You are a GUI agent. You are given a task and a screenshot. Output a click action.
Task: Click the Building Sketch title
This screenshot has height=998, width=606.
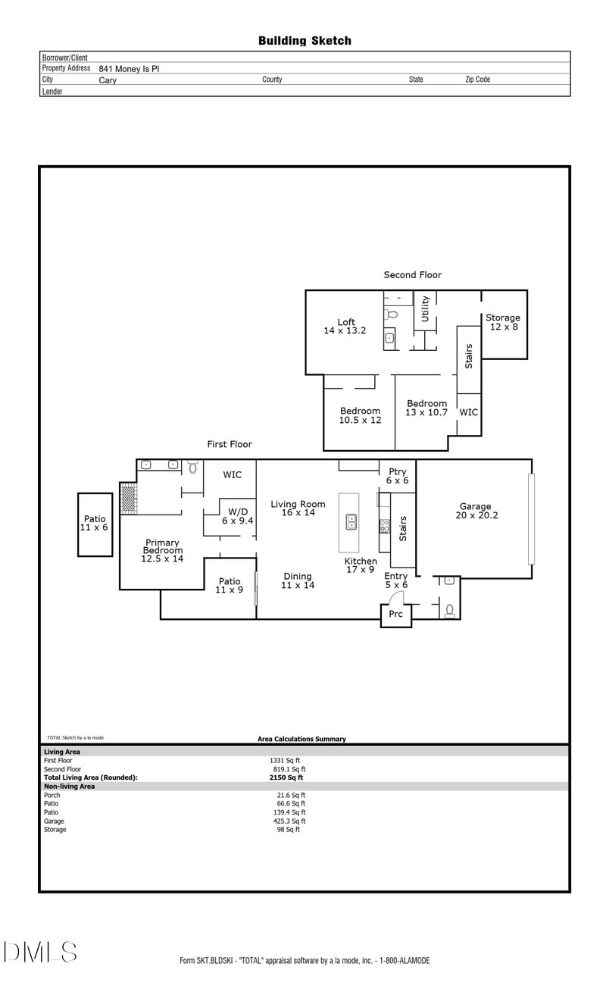point(305,41)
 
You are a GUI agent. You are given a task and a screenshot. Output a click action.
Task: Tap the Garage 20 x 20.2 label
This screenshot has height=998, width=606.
point(476,512)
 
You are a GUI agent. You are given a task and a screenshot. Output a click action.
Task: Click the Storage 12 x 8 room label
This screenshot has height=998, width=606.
point(503,323)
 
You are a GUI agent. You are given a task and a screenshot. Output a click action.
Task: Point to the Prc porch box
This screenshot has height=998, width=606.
point(395,615)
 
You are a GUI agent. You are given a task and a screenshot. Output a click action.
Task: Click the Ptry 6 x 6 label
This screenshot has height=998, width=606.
point(398,476)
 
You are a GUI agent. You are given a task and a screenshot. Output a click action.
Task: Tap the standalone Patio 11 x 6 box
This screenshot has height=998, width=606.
point(95,523)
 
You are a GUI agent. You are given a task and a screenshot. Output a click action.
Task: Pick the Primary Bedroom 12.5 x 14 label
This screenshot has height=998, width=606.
point(162,550)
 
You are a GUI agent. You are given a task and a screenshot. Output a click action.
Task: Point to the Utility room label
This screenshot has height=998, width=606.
point(426,310)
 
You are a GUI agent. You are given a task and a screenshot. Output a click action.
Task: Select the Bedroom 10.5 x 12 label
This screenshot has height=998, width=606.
point(361,415)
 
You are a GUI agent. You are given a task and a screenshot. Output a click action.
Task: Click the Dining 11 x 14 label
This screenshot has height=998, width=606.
point(298,580)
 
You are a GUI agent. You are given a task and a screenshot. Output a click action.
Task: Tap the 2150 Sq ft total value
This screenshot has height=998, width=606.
point(286,777)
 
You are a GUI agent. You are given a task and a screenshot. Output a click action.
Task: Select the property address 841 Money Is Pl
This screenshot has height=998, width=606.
point(129,68)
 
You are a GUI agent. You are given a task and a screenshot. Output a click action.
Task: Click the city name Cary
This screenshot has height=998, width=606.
point(108,80)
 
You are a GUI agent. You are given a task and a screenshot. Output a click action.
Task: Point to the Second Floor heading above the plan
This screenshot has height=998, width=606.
point(412,275)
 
